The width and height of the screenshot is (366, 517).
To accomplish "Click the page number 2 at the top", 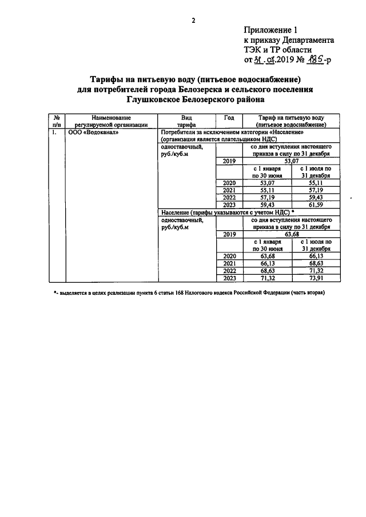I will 193,21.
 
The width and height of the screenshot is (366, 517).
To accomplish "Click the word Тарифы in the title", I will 112,78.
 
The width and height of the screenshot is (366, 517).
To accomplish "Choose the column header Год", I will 229,117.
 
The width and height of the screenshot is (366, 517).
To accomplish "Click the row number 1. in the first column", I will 54,132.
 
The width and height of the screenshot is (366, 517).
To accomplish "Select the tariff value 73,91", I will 312,278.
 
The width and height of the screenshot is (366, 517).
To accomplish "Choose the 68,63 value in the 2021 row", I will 312,263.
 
